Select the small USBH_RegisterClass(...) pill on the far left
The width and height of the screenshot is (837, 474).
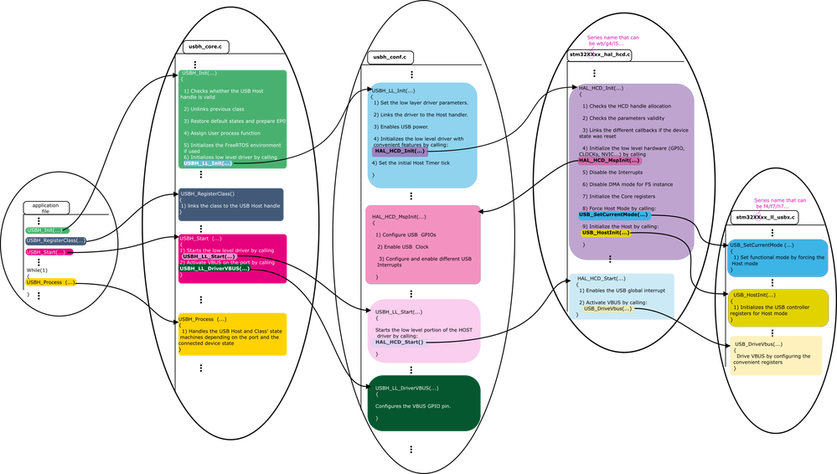click(55, 240)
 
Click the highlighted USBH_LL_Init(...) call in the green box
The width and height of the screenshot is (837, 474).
click(208, 163)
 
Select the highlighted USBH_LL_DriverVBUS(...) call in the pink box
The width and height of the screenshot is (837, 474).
click(214, 268)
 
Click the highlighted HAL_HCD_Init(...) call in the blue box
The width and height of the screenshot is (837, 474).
click(400, 151)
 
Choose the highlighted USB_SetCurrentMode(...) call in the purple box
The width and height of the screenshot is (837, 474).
click(613, 214)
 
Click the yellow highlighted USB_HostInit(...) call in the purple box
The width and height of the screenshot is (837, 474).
click(605, 233)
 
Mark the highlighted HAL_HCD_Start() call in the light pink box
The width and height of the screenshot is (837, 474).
click(400, 342)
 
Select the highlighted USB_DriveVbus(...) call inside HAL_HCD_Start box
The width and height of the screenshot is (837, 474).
click(607, 308)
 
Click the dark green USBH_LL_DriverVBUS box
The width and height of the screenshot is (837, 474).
click(423, 403)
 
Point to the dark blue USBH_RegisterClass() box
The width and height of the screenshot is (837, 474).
click(231, 204)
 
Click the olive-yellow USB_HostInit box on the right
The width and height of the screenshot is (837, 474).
click(778, 307)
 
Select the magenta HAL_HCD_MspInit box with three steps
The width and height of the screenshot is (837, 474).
click(423, 247)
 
